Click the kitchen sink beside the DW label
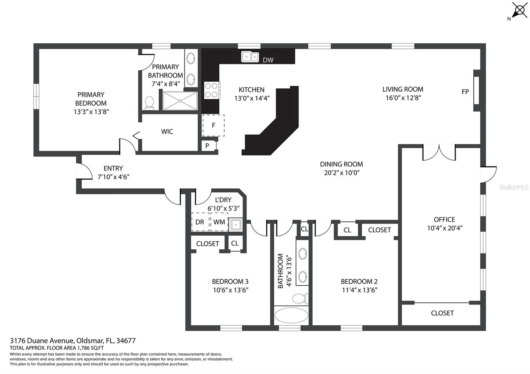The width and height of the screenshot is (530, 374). [x=250, y=57]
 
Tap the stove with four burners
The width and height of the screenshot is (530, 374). [x=212, y=90]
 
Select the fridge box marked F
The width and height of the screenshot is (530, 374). [x=213, y=125]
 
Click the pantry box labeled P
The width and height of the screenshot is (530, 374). [x=207, y=146]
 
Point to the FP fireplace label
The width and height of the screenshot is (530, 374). [x=465, y=92]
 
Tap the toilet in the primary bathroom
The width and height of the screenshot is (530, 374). [x=150, y=103]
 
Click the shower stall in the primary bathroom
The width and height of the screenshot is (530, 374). [x=180, y=101]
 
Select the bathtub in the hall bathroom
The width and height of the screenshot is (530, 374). [x=291, y=316]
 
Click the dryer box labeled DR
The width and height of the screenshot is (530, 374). [x=200, y=222]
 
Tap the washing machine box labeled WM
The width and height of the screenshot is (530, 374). [x=219, y=222]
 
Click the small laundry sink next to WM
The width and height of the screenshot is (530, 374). [x=236, y=225]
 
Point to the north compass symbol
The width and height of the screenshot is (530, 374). [x=519, y=11]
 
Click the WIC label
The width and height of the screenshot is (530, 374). [x=167, y=132]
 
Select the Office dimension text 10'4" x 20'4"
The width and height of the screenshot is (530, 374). [x=445, y=228]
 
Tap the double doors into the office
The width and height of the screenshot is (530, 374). [x=439, y=153]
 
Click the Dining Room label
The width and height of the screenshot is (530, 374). [x=341, y=164]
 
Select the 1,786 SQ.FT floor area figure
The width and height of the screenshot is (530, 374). [x=90, y=348]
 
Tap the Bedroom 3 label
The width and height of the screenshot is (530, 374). [x=230, y=282]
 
